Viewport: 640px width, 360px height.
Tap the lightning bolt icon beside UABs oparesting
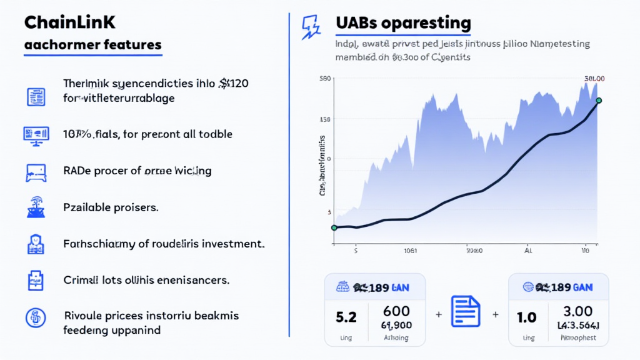pos(310,27)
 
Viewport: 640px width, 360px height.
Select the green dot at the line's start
pos(334,227)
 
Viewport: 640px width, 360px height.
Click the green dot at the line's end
pos(599,101)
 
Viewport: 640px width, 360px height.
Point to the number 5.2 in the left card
pos(346,317)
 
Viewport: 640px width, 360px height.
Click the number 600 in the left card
pos(396,311)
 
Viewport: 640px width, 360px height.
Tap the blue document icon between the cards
pos(465,311)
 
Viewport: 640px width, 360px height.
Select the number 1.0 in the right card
pos(526,317)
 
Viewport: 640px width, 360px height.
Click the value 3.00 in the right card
pos(577,311)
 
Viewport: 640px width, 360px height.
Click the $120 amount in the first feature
pos(234,84)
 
